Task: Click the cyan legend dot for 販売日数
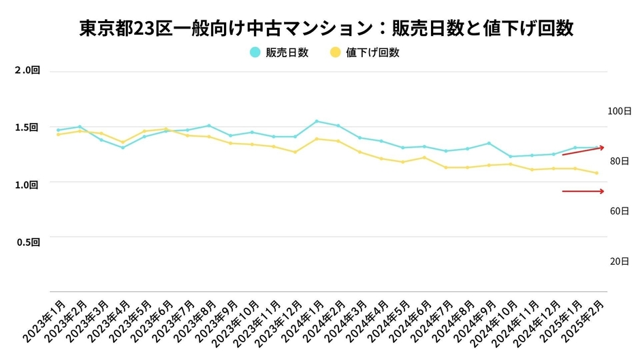255,52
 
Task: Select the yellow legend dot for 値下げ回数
334,52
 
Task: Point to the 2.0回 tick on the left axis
28,70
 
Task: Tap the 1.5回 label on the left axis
28,127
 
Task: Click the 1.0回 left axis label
28,184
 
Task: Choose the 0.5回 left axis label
28,241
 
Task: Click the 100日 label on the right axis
619,110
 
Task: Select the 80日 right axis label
619,161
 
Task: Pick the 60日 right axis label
619,212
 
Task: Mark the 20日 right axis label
619,261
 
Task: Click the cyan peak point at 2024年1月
317,121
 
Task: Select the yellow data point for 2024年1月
317,139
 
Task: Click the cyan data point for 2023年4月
123,148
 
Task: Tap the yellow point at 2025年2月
597,173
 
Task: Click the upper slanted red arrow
583,151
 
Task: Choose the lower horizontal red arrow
583,191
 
